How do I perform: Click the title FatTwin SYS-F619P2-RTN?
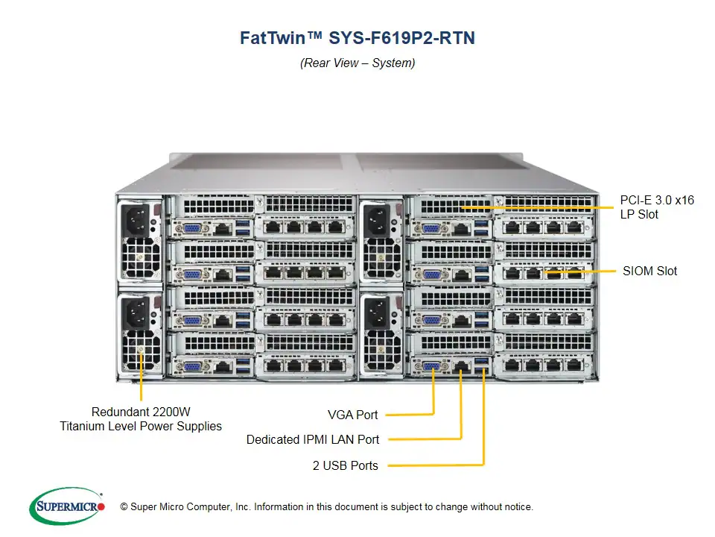(357, 38)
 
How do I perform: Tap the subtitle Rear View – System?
(357, 63)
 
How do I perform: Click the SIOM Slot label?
(649, 271)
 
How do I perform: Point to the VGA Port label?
(352, 415)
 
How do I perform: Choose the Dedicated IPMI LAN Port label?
(313, 440)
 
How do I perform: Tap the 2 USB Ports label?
(345, 465)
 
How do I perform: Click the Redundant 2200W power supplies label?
(141, 419)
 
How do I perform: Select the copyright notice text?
(321, 507)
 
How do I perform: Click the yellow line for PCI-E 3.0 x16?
(536, 207)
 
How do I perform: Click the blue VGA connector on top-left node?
(191, 229)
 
